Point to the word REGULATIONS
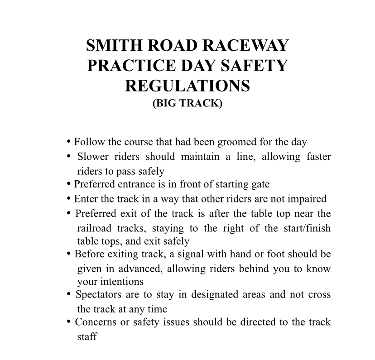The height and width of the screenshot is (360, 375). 187,86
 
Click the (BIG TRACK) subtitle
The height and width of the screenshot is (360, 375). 187,103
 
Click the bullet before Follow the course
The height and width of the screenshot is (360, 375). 68,142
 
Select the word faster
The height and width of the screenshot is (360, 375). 315,157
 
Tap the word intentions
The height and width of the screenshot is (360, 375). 111,282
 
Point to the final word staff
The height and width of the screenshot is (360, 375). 87,337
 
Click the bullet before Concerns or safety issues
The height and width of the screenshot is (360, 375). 69,322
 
